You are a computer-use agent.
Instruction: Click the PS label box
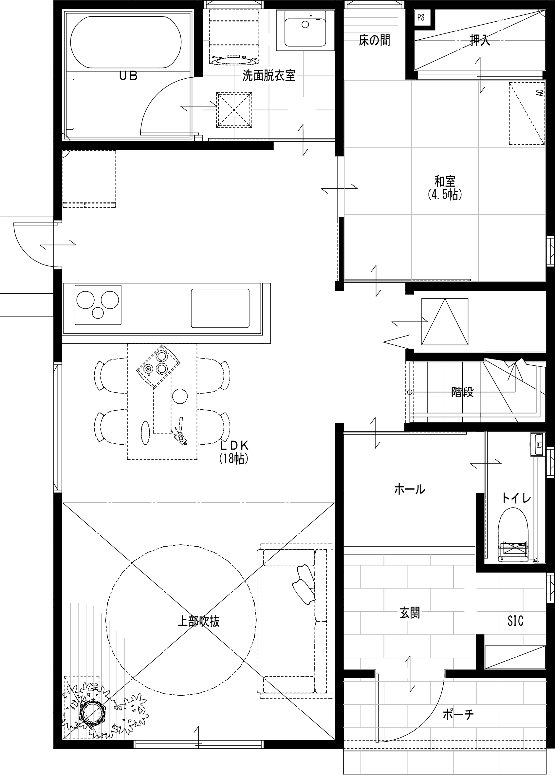[x=421, y=17]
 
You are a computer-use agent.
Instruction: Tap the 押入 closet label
[x=480, y=41]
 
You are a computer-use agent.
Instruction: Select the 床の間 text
[x=374, y=40]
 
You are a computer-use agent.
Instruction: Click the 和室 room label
[x=445, y=181]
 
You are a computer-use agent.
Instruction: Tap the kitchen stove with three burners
[x=98, y=304]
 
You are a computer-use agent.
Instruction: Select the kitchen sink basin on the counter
[x=220, y=308]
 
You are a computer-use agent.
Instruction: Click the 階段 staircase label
[x=462, y=392]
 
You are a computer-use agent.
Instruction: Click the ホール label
[x=410, y=489]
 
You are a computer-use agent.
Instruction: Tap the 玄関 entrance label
[x=410, y=613]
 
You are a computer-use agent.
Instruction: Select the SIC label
[x=515, y=621]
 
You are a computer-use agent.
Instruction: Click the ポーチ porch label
[x=458, y=714]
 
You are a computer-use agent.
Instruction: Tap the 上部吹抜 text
[x=198, y=621]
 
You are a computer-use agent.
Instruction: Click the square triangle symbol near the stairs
[x=445, y=321]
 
